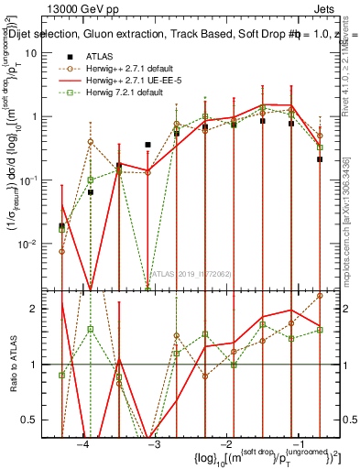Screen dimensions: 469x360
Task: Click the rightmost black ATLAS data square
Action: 320,158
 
